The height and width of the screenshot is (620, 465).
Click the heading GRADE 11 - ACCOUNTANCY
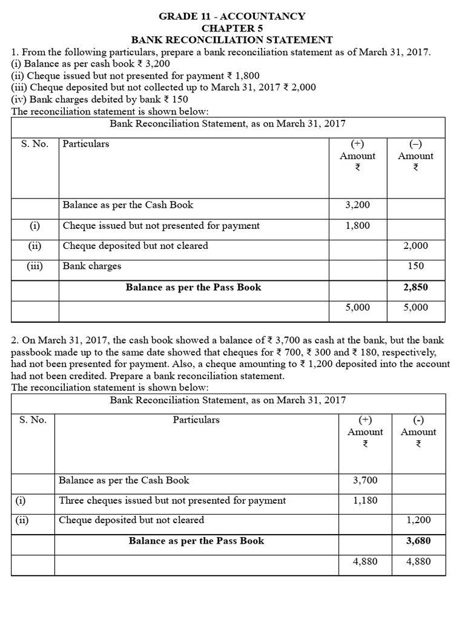click(x=232, y=16)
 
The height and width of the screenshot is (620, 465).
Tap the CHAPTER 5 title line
click(x=232, y=28)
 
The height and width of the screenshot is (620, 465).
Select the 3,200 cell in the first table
click(x=357, y=205)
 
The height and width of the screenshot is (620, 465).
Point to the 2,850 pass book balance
click(x=415, y=287)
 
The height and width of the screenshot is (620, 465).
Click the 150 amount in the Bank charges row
click(x=416, y=266)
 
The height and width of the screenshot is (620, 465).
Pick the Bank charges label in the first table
click(x=92, y=266)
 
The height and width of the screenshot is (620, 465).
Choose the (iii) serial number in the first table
click(x=35, y=266)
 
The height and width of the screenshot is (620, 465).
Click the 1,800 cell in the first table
click(x=357, y=226)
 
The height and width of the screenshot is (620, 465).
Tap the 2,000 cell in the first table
click(x=415, y=246)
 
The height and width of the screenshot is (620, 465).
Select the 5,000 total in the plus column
click(x=357, y=308)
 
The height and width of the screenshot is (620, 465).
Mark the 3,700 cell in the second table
click(x=365, y=481)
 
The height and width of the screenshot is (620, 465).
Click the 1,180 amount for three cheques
click(x=365, y=501)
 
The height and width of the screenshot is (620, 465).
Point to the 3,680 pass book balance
click(x=418, y=541)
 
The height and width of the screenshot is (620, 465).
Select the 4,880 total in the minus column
click(x=418, y=561)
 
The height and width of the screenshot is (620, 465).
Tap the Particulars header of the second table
click(x=196, y=420)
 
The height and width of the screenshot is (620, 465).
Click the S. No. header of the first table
click(x=35, y=144)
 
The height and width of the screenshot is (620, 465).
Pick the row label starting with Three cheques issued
click(x=172, y=501)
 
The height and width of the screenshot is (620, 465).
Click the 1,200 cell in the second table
click(x=418, y=520)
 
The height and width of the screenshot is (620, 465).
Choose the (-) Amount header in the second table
click(x=418, y=432)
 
